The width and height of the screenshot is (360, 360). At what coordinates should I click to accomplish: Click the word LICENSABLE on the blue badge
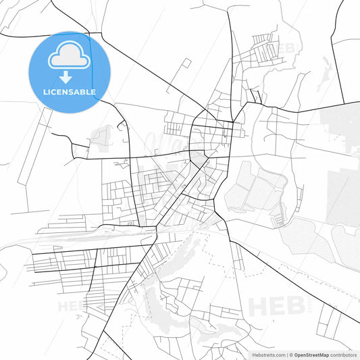tap(70, 92)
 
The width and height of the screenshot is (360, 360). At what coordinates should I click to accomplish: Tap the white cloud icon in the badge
tap(70, 58)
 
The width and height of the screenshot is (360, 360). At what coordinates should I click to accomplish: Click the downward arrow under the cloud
tap(70, 76)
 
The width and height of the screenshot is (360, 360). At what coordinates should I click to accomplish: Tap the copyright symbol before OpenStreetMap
tap(291, 354)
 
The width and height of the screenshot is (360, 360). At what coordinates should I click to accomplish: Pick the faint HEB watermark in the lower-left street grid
tap(73, 305)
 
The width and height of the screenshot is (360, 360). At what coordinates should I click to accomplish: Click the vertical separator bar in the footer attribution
tap(286, 354)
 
